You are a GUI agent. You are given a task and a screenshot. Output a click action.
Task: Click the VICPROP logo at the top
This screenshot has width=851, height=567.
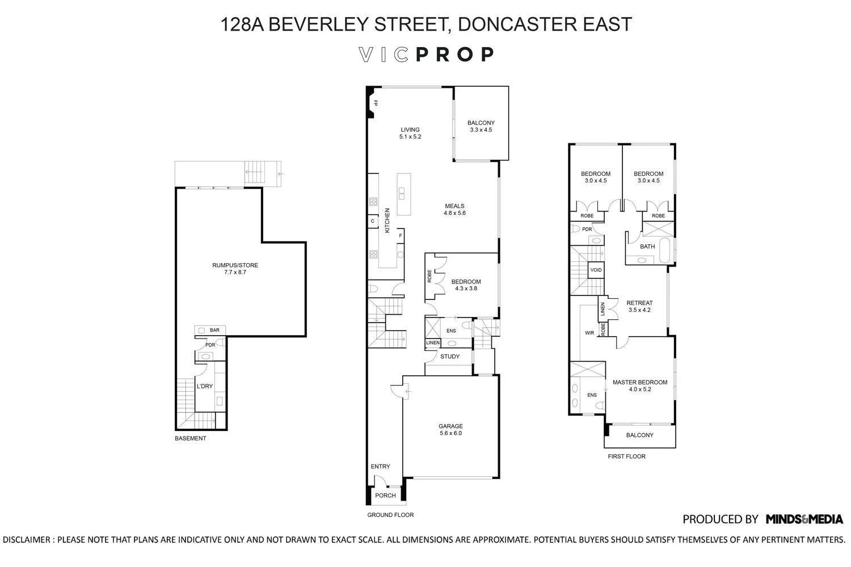point(426,54)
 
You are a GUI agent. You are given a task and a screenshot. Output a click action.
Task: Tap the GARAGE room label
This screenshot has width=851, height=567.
point(450,426)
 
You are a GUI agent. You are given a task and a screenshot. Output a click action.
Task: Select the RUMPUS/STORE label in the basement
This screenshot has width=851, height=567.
point(235,265)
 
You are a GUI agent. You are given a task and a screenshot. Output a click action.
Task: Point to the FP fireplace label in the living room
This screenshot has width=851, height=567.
point(375,104)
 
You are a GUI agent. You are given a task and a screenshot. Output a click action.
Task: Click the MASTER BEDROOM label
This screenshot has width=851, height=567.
point(639,383)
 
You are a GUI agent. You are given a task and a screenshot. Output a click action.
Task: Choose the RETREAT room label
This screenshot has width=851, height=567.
point(639,303)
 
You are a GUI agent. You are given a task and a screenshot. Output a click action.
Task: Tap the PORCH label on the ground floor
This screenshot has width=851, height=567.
point(386,496)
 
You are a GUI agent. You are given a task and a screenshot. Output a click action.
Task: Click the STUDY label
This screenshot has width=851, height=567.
point(450,357)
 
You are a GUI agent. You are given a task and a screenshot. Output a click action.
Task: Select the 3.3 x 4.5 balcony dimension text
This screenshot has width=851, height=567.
point(481,130)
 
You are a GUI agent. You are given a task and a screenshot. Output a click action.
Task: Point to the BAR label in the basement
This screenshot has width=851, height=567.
point(214,330)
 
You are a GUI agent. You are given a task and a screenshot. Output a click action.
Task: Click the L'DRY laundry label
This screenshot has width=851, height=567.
point(204,387)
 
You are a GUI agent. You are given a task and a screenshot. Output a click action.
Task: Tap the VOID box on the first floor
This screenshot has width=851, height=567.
point(596,270)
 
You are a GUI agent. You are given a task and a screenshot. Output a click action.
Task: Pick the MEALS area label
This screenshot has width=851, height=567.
point(454,206)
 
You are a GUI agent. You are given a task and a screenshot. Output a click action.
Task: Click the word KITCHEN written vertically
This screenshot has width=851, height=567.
point(387,221)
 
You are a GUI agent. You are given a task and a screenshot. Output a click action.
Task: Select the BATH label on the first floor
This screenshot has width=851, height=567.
point(647,247)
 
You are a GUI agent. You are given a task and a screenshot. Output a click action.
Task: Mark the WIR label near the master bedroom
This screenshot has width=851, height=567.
point(589,333)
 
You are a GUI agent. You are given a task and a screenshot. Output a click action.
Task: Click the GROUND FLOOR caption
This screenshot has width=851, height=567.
point(390,515)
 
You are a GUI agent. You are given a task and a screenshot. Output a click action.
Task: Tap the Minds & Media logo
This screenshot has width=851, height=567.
point(804,519)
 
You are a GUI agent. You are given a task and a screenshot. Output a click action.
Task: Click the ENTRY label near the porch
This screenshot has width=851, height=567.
point(380,467)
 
